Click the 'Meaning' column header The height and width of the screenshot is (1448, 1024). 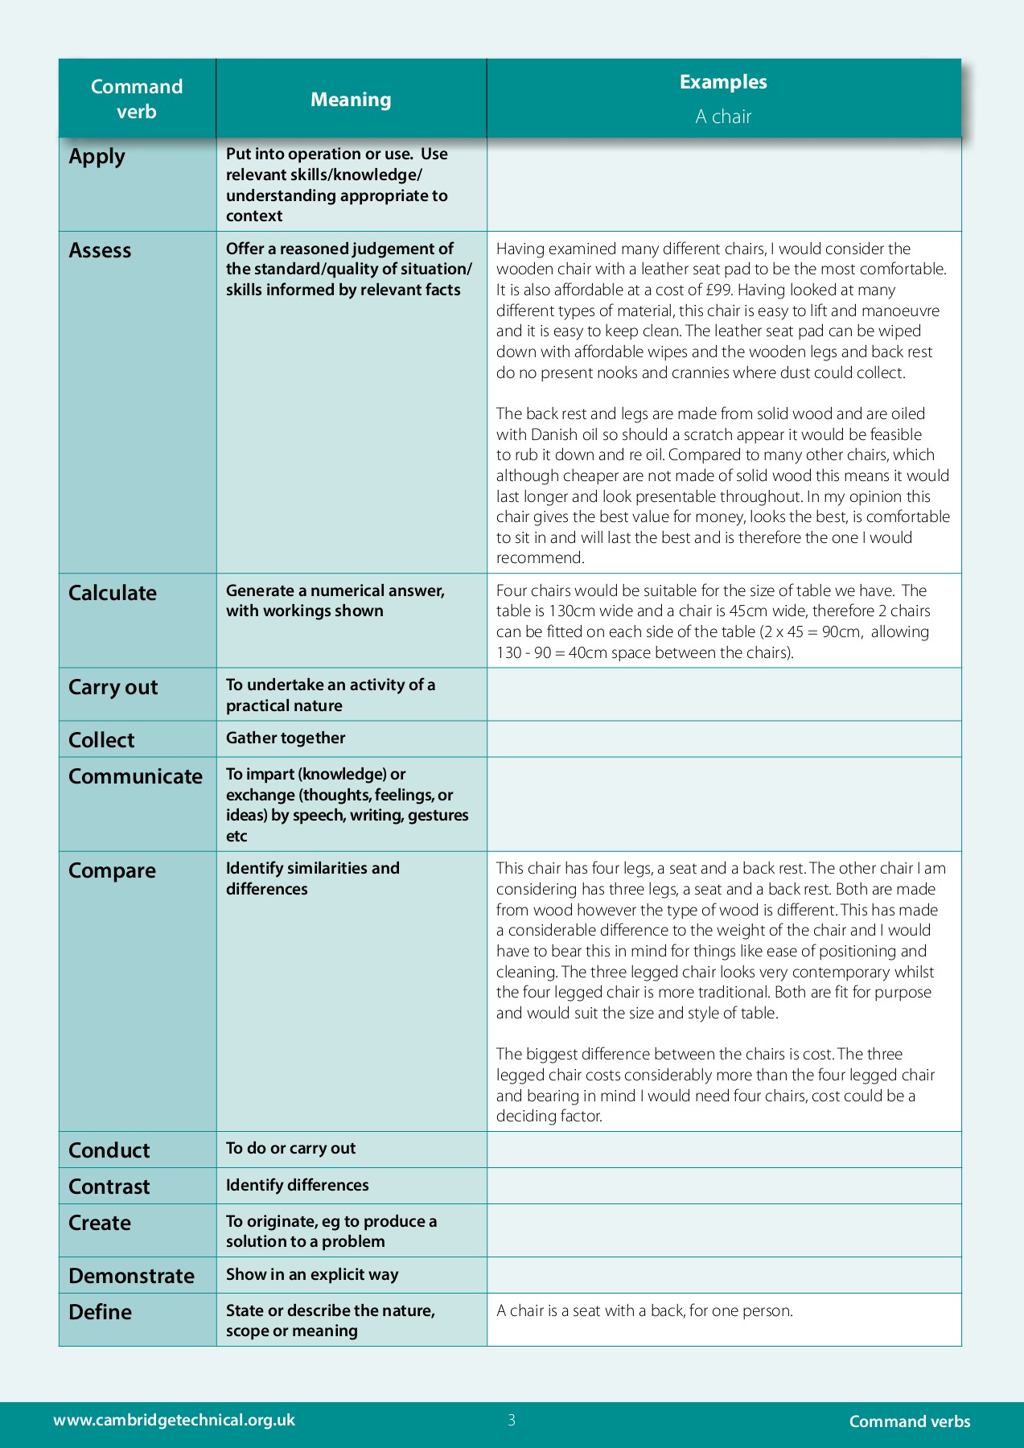tap(351, 100)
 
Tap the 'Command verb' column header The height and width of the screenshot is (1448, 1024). tap(137, 99)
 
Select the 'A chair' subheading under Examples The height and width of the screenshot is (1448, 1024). tap(723, 117)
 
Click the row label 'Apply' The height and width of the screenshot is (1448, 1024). tap(97, 157)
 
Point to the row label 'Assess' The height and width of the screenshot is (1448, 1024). tap(100, 251)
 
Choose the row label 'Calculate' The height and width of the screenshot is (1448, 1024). tap(113, 594)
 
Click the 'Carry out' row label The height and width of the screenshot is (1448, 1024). tap(113, 688)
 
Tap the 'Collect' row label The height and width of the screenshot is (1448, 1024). tap(101, 740)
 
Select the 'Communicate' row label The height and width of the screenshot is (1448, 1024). tap(135, 777)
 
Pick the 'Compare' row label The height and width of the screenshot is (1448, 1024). tap(112, 871)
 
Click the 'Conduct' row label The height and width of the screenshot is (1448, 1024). tap(109, 1151)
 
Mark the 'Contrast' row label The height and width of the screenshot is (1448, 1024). tap(109, 1187)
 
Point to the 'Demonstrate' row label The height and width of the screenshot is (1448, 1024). tap(131, 1277)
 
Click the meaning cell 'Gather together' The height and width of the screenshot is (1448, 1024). tap(286, 738)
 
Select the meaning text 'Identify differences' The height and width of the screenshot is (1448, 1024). tap(297, 1186)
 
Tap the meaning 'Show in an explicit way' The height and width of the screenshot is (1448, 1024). tap(312, 1275)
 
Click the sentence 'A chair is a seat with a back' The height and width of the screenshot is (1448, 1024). tap(644, 1311)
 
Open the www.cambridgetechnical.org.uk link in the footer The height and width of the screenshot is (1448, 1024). tap(174, 1421)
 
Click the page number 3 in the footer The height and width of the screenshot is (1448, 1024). tap(512, 1421)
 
